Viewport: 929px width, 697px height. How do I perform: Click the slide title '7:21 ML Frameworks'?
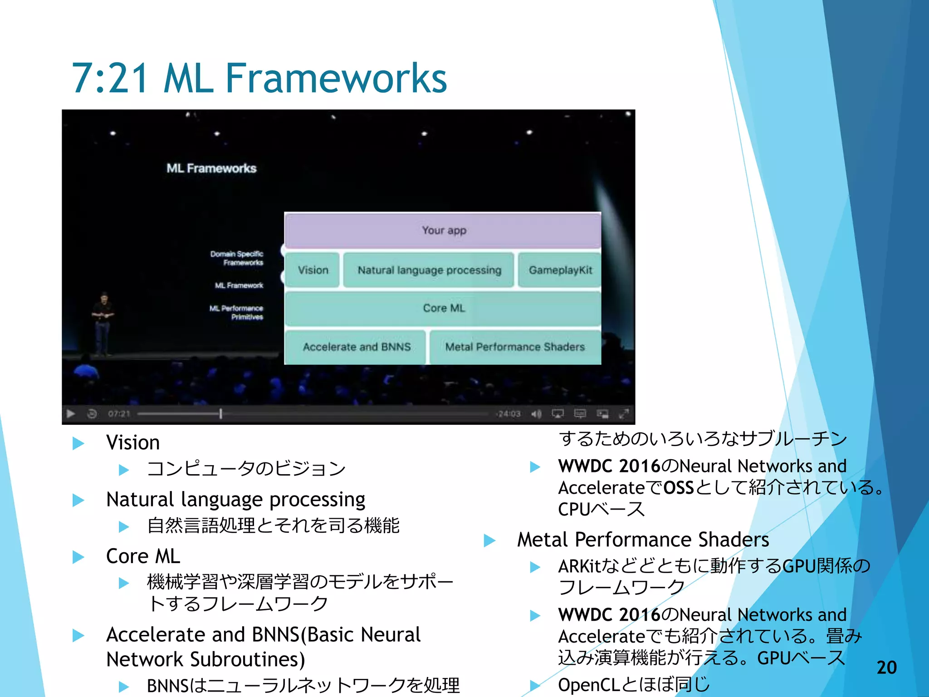259,78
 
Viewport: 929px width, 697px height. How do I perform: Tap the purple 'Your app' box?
443,230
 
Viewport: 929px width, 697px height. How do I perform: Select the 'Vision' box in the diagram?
313,270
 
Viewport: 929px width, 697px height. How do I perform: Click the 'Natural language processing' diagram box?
429,270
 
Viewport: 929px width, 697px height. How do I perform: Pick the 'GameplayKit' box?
560,270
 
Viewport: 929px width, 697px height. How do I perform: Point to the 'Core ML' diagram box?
443,308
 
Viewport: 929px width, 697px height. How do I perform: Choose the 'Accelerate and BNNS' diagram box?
356,347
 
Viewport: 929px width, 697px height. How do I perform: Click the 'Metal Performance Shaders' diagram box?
514,347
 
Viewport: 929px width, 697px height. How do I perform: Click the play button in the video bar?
71,413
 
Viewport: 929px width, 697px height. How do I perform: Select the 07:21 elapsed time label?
119,414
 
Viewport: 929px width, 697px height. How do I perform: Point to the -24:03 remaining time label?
508,414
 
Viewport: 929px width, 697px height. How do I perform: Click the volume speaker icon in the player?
536,414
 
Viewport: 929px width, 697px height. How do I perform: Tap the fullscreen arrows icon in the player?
624,413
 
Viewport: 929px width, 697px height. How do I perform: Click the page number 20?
886,668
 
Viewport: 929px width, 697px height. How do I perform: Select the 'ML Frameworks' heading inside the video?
211,168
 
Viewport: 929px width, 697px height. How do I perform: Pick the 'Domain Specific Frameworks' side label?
237,258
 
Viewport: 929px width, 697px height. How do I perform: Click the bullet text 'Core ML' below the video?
143,556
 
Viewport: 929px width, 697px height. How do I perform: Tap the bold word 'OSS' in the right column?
679,488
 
